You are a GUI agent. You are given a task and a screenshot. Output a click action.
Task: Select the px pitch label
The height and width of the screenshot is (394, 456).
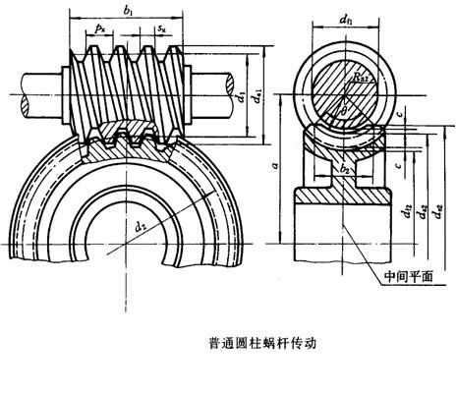[x=99, y=32]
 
